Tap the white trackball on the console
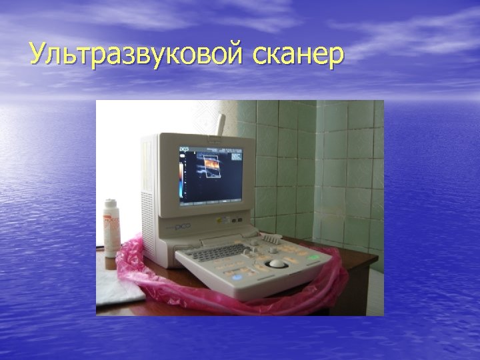(x=275, y=265)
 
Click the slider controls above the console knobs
(x=269, y=237)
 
